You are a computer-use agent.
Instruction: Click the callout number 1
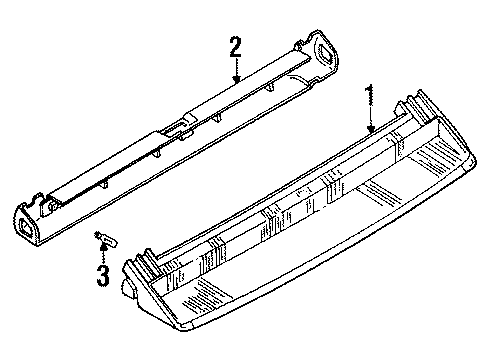point(369,95)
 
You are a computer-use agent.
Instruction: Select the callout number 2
point(235,47)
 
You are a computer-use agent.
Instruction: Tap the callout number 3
point(103,276)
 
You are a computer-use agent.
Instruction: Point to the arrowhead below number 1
point(370,129)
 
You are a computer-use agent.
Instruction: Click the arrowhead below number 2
point(236,79)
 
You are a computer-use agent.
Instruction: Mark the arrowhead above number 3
point(104,246)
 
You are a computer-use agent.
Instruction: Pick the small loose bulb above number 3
point(106,239)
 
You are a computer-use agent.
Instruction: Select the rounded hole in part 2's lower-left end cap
point(26,227)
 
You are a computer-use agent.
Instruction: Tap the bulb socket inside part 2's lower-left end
point(50,206)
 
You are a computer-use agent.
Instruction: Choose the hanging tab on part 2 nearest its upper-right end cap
point(270,87)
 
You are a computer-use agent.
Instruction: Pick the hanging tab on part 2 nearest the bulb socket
point(104,184)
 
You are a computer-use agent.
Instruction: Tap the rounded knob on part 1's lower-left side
point(128,288)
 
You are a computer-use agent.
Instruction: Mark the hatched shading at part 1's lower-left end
point(199,294)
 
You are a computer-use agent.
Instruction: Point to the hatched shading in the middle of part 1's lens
point(382,192)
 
